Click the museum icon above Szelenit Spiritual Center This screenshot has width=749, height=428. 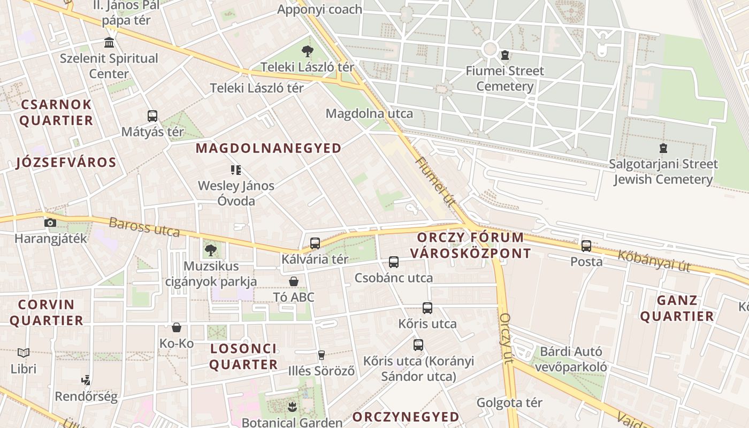click(x=109, y=42)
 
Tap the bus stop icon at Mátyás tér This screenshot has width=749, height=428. click(x=152, y=116)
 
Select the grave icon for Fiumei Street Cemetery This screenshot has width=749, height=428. click(x=505, y=55)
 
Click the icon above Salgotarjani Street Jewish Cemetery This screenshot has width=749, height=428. click(x=663, y=148)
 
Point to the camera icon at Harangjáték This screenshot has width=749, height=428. click(x=50, y=223)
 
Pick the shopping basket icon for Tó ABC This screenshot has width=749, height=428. click(x=294, y=281)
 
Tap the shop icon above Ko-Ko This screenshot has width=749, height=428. click(x=177, y=327)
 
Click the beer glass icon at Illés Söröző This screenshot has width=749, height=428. click(x=322, y=355)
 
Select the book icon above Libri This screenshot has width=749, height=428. click(x=24, y=353)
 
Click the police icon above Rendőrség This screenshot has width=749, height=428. click(x=86, y=380)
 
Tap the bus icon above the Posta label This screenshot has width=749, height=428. click(x=586, y=246)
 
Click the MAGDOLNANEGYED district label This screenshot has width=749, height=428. click(x=269, y=148)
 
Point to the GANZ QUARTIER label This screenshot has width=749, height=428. click(x=677, y=308)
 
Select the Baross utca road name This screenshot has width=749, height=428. click(x=144, y=227)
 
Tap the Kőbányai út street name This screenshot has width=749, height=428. click(x=654, y=260)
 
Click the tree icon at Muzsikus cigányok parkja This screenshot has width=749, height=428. click(x=211, y=250)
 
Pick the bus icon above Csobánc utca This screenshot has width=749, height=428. click(x=394, y=262)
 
